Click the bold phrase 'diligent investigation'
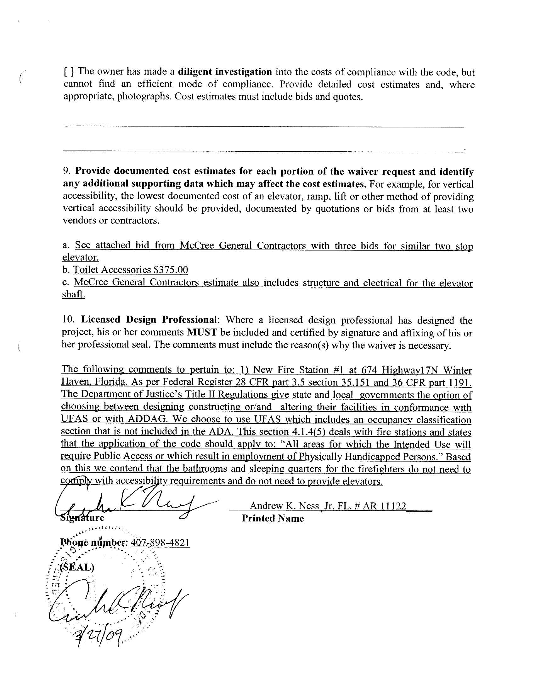tap(225, 72)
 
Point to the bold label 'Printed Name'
tap(273, 518)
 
